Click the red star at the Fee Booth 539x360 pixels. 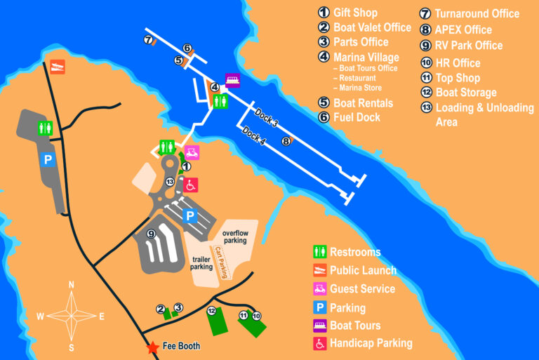(x=152, y=347)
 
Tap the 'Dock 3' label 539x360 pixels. (x=266, y=119)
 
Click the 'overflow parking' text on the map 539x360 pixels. (x=235, y=236)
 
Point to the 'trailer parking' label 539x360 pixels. (x=201, y=262)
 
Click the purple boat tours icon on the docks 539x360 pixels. (x=232, y=80)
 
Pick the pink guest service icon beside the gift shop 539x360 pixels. (x=192, y=152)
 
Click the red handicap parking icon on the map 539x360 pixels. (x=190, y=185)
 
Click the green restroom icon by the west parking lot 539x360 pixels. (x=44, y=129)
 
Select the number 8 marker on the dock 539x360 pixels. (x=286, y=141)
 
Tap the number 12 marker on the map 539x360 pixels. (x=211, y=311)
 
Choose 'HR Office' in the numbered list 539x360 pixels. (x=458, y=63)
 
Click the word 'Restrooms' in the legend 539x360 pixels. (x=355, y=252)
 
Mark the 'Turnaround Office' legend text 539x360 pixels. (x=477, y=13)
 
